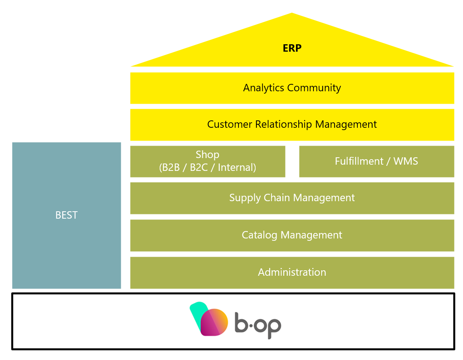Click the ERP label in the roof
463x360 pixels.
pos(292,48)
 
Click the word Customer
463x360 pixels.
pos(230,124)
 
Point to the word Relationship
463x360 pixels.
pos(284,124)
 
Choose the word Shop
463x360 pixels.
pos(207,155)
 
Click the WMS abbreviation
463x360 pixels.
pos(406,161)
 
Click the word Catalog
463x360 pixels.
pos(260,235)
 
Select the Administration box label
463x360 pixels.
pos(292,272)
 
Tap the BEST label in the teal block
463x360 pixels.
pos(66,215)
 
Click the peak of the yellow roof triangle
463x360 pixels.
pos(292,14)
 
